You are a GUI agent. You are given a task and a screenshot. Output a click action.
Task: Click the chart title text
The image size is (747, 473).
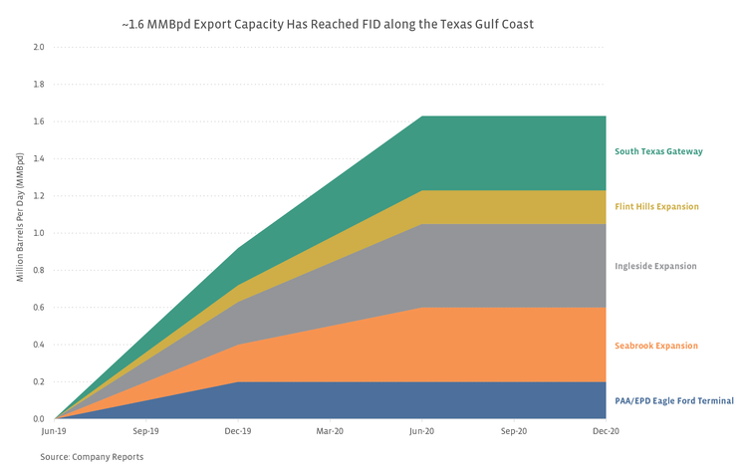(x=371, y=21)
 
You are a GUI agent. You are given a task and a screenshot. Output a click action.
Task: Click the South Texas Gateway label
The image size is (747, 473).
(x=658, y=151)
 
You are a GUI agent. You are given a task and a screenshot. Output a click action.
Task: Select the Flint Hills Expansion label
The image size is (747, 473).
(x=656, y=207)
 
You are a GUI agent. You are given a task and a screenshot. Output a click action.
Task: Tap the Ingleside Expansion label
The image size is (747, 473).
(x=655, y=266)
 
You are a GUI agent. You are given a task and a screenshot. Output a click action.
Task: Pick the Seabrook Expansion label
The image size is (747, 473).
(x=656, y=346)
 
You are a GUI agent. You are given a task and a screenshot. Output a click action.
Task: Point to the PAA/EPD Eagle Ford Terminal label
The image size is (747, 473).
(x=673, y=400)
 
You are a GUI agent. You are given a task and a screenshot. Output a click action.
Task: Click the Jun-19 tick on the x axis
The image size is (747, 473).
(x=54, y=432)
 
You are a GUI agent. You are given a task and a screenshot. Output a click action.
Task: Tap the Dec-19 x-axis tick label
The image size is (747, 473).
(x=237, y=432)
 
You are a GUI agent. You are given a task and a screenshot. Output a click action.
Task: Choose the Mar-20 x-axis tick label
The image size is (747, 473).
(x=330, y=432)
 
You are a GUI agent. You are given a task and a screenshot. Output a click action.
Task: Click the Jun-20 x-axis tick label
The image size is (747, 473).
(x=421, y=432)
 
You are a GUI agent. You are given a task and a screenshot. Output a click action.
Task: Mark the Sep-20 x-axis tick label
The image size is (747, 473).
(x=514, y=432)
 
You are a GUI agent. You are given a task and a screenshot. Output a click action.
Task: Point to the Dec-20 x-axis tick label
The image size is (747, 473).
(x=606, y=432)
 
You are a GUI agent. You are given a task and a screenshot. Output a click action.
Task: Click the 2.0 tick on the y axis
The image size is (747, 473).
(x=38, y=47)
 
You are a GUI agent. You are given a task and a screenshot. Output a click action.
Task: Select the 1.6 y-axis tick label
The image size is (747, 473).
(x=38, y=121)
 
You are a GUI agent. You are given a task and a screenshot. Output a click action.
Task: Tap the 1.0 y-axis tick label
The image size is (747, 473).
(x=38, y=233)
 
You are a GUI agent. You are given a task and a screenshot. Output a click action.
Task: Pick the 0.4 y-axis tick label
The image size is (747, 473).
(x=38, y=345)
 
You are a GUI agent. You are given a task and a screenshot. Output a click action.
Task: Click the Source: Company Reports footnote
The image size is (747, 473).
(x=92, y=456)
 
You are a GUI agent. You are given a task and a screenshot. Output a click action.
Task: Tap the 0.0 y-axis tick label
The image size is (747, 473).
(x=38, y=419)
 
